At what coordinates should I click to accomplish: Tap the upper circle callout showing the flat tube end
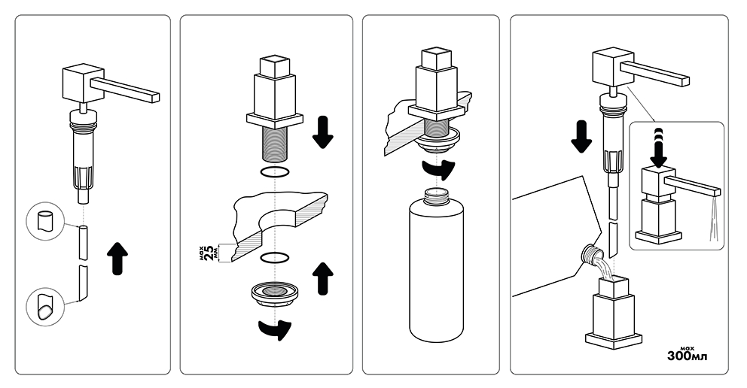click(46, 222)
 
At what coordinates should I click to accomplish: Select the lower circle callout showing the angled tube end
click(46, 308)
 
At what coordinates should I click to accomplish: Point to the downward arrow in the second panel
click(322, 132)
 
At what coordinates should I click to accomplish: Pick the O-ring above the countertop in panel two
click(276, 171)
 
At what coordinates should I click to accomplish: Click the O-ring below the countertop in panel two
click(275, 258)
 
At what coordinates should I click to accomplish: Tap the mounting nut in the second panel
click(276, 293)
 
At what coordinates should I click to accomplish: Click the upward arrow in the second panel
click(322, 279)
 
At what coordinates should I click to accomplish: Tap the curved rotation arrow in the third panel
click(438, 170)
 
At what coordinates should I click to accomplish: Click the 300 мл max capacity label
click(687, 354)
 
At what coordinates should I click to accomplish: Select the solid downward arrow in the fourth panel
click(581, 136)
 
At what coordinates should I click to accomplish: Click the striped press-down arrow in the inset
click(659, 147)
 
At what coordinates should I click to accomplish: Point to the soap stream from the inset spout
click(712, 220)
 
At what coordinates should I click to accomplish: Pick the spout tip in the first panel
click(154, 96)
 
